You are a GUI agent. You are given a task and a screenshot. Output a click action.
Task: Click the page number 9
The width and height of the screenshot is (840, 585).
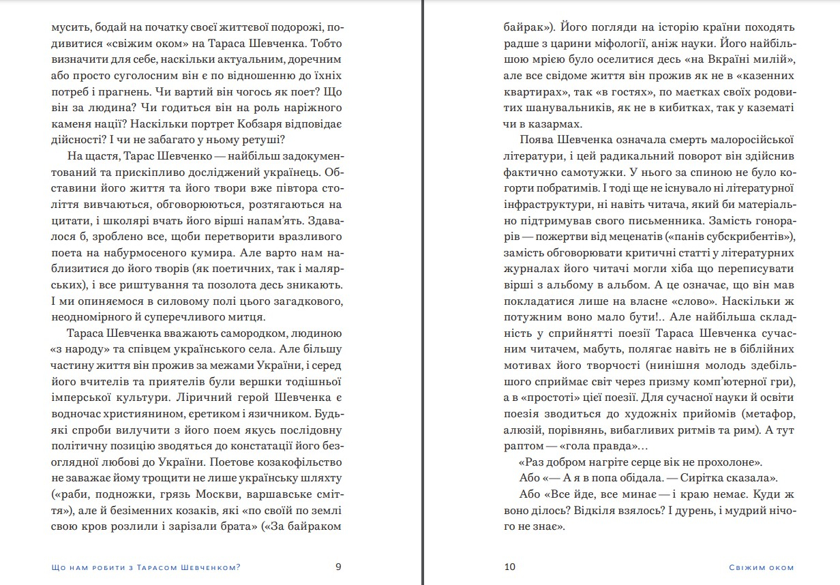(339, 567)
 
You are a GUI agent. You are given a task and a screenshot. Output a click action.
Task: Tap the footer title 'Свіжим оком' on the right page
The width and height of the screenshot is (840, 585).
(761, 567)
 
